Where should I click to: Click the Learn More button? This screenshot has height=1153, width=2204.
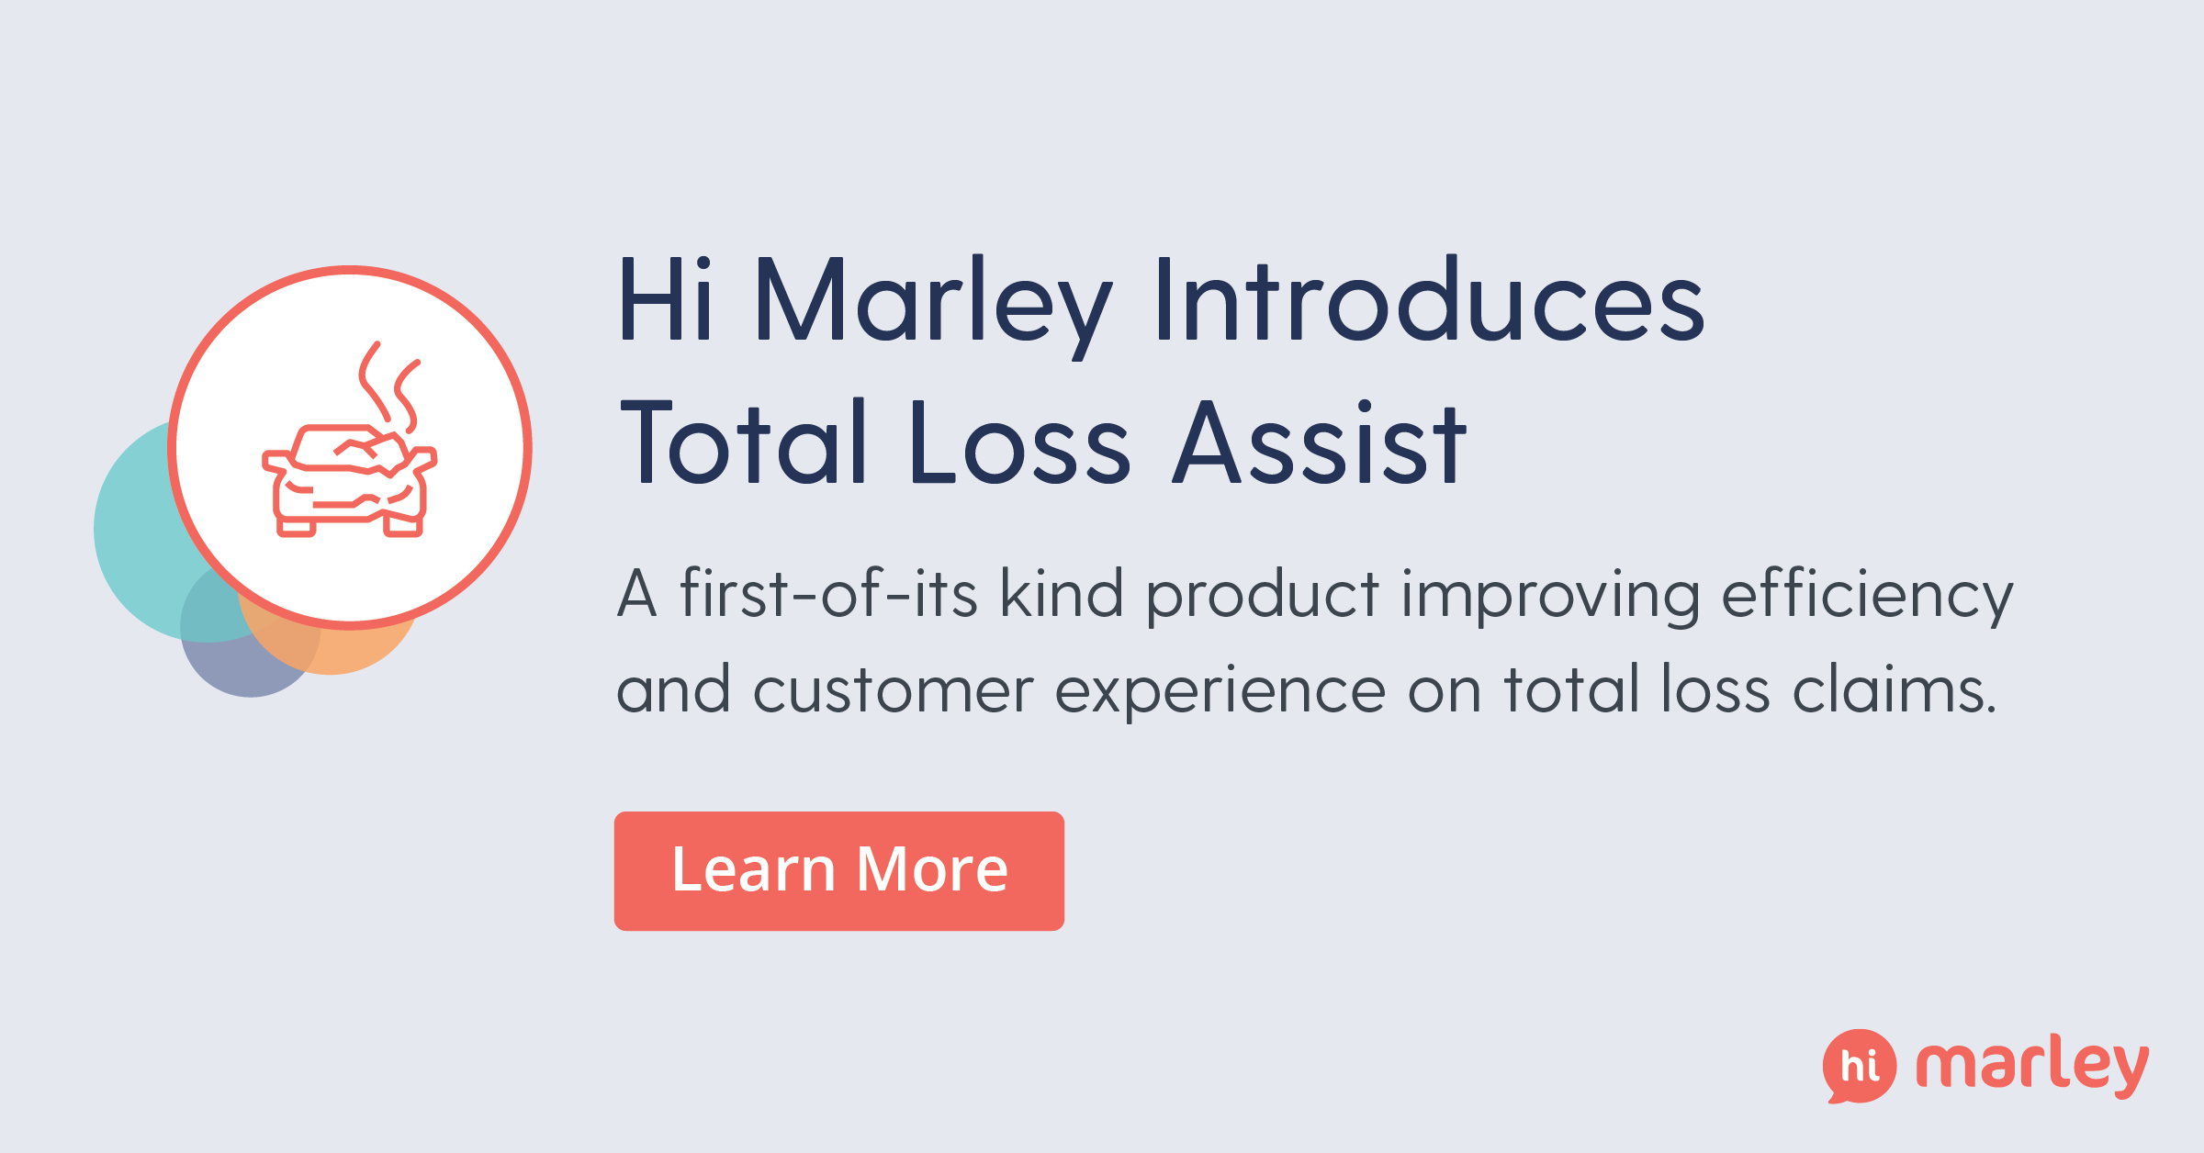(x=838, y=870)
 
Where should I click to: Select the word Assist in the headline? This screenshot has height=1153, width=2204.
(x=1321, y=442)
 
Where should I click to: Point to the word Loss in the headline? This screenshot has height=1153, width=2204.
(x=1019, y=442)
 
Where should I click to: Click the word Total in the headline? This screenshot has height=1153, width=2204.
(x=744, y=442)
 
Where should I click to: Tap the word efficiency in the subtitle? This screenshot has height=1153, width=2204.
(x=1866, y=595)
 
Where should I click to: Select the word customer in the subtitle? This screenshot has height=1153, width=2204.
(x=893, y=690)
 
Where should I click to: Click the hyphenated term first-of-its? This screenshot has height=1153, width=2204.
(x=828, y=595)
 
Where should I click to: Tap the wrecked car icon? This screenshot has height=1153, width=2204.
(x=350, y=481)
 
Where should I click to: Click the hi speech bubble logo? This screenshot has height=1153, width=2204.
(x=1859, y=1066)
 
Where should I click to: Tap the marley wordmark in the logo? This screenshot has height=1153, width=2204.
(x=2031, y=1065)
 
